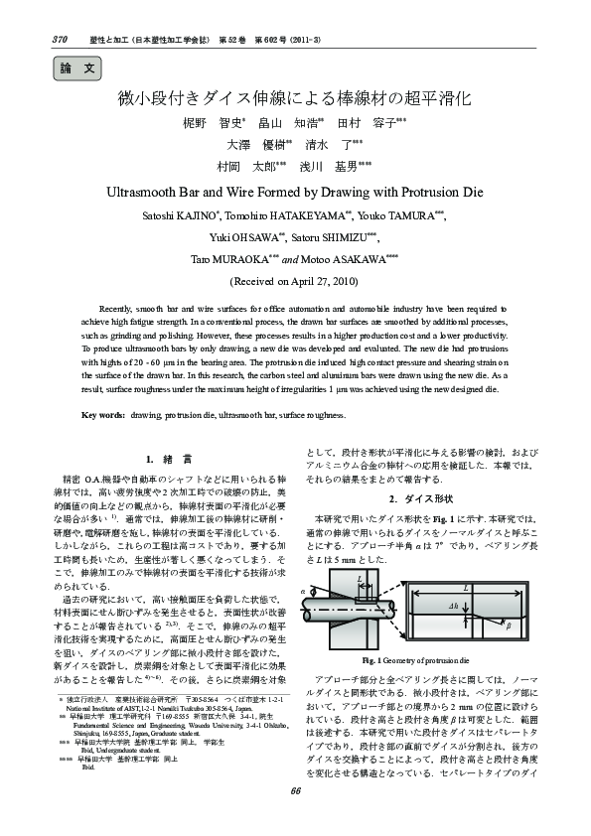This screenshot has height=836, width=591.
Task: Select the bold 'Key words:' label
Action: (x=103, y=415)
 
